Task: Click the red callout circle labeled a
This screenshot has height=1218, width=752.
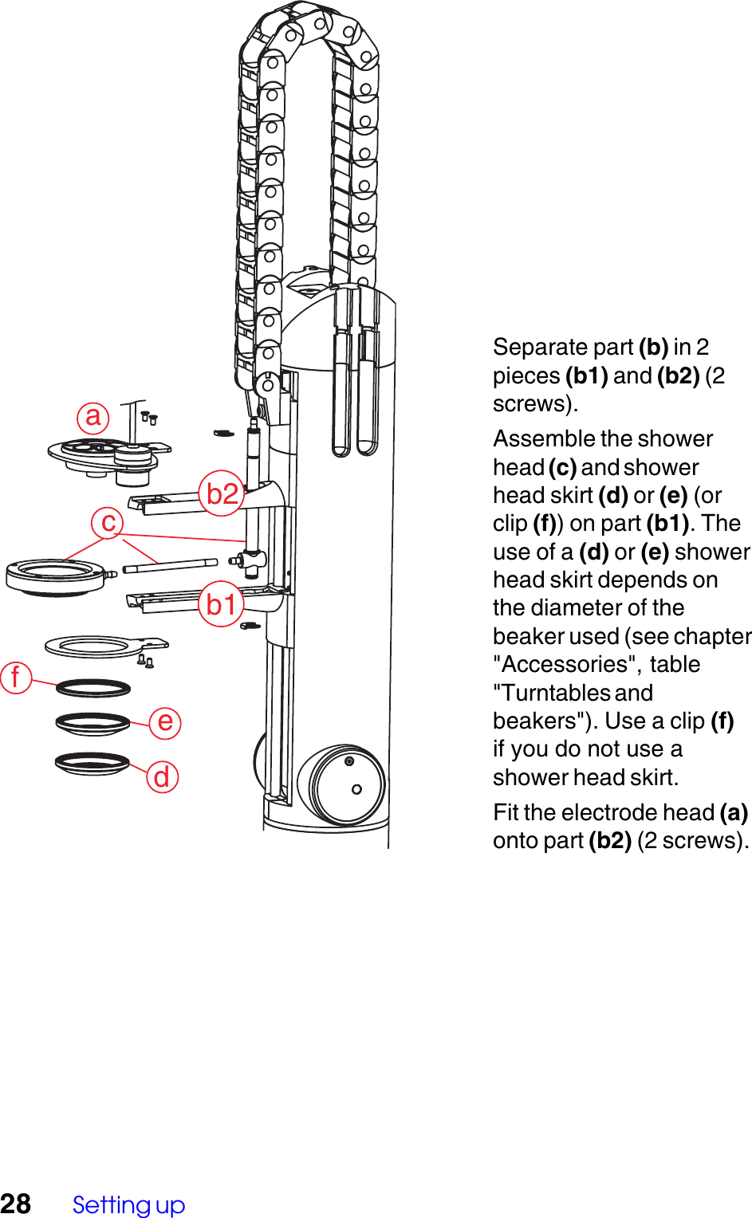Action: (x=93, y=417)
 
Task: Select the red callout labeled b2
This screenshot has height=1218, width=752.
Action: (x=222, y=494)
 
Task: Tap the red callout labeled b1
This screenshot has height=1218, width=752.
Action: (x=221, y=604)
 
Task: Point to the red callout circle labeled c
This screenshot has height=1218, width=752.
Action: (x=108, y=523)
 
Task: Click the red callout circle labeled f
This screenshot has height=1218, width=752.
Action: (x=15, y=678)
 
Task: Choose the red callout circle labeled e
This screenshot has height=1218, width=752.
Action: (x=165, y=722)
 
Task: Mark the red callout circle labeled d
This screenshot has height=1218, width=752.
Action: (x=162, y=776)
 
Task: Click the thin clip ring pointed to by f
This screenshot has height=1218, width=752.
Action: (x=93, y=688)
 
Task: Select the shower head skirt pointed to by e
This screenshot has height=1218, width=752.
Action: (x=93, y=724)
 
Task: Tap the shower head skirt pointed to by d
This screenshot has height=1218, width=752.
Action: (x=92, y=764)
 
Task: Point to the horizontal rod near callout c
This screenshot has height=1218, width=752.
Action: (x=171, y=565)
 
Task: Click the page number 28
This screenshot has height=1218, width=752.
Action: (x=16, y=1204)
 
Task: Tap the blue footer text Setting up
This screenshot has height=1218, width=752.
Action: (x=128, y=1204)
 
